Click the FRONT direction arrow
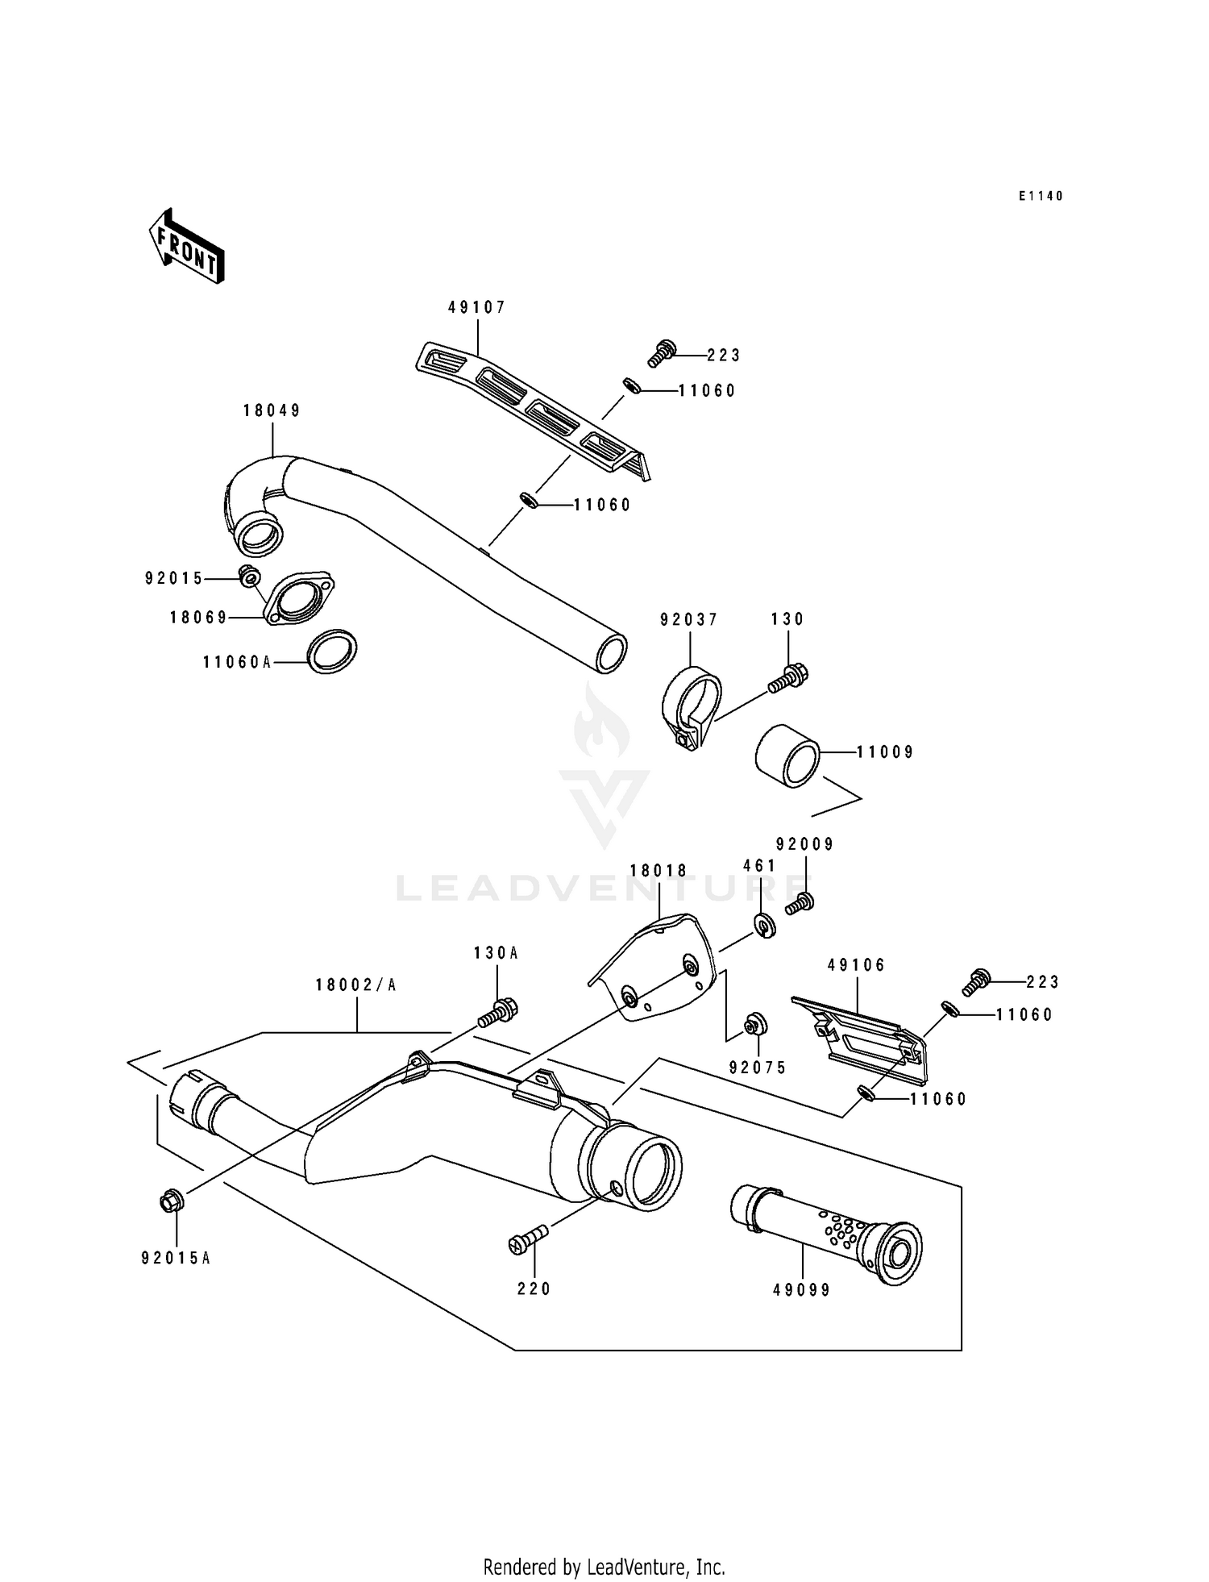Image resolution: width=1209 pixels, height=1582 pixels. click(186, 247)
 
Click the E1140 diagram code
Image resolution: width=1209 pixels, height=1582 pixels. click(1041, 196)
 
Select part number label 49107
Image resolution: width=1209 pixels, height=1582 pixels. click(476, 307)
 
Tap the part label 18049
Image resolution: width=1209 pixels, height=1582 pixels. click(272, 411)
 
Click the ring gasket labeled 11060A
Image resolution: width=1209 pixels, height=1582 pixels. click(333, 652)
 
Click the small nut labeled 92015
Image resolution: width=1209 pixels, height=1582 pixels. click(249, 576)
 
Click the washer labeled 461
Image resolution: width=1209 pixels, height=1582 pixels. click(764, 925)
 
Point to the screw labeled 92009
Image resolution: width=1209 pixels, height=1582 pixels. click(800, 903)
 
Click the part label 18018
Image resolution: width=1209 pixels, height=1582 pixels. click(659, 871)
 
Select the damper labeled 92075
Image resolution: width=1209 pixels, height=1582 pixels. click(755, 1024)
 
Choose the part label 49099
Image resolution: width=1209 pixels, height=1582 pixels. click(801, 1290)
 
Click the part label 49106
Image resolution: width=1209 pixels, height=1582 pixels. click(856, 965)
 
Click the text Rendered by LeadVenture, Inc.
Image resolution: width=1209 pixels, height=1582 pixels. click(604, 1567)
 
